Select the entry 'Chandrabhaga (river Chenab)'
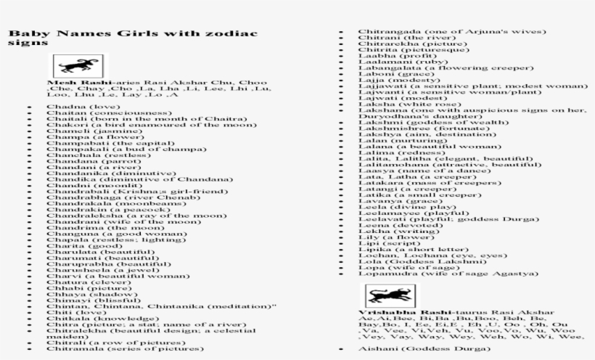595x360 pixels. coord(108,196)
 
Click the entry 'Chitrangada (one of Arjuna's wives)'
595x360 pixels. coord(451,33)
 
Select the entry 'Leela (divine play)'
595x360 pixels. coord(397,208)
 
